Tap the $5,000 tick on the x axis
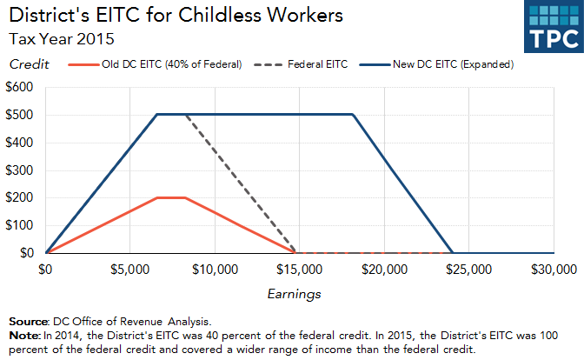point(130,270)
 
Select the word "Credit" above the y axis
point(29,64)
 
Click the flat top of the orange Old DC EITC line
point(171,197)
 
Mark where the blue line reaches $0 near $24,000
point(453,252)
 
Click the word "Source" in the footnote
point(27,320)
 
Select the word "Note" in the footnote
point(23,335)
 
